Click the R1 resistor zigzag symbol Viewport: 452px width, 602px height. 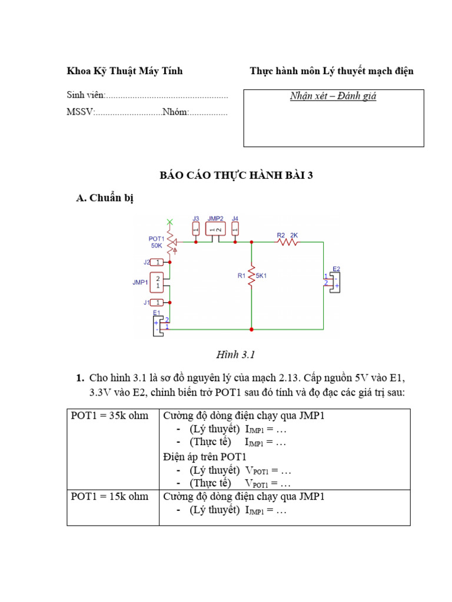point(251,275)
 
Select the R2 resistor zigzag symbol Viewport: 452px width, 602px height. point(288,241)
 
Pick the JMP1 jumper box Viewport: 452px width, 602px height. point(158,282)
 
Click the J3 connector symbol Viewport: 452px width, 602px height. point(196,228)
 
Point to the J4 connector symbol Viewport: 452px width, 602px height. point(235,228)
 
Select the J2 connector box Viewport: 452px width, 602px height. point(157,262)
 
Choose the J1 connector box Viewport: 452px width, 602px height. point(157,302)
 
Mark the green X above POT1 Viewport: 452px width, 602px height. point(170,222)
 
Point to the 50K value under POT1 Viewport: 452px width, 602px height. point(157,246)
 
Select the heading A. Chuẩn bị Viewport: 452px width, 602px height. point(105,198)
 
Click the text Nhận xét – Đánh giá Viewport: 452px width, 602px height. point(333,96)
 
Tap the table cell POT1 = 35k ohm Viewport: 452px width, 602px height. point(110,416)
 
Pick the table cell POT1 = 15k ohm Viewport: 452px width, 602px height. point(110,496)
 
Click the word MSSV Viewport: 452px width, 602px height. point(80,112)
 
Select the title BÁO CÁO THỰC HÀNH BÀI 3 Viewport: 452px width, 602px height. point(237,175)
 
